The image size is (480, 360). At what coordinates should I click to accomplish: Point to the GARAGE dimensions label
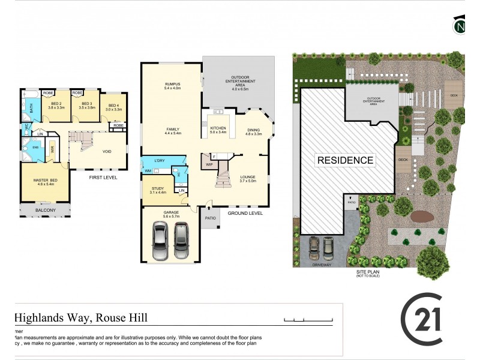(170, 215)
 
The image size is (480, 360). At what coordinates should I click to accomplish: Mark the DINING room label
(254, 131)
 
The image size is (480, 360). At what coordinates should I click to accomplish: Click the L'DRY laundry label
(160, 161)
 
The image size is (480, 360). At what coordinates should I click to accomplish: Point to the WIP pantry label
(209, 164)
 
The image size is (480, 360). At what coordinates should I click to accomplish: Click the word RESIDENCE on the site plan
(345, 160)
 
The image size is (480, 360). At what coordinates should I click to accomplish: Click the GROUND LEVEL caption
(245, 212)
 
